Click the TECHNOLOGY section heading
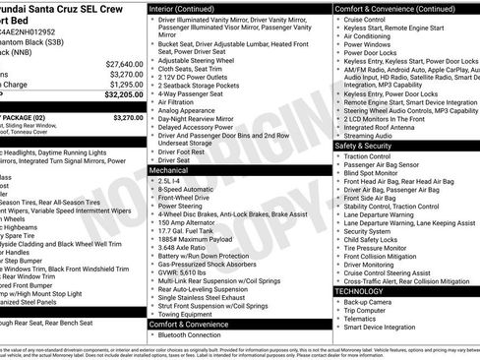point(360,292)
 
